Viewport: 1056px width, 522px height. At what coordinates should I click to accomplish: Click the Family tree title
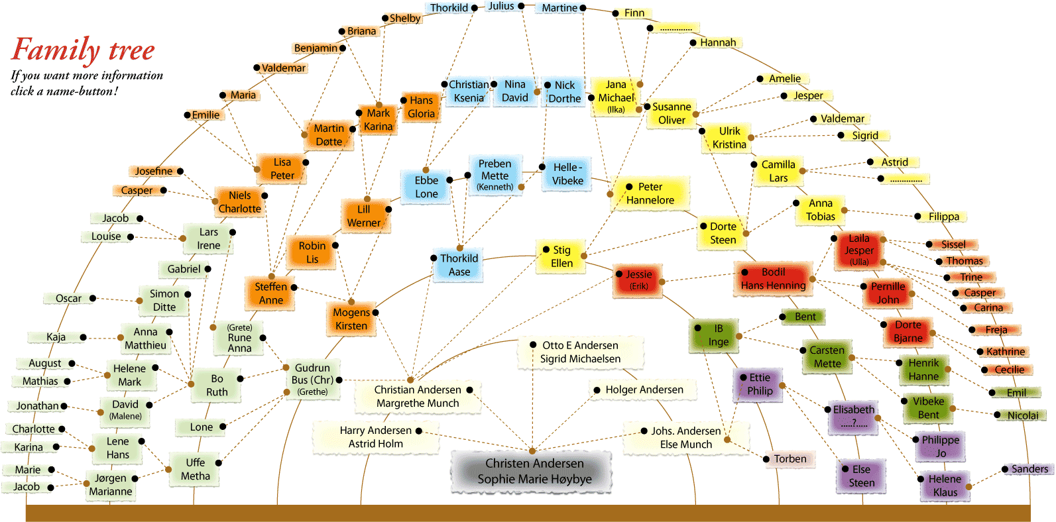click(x=84, y=50)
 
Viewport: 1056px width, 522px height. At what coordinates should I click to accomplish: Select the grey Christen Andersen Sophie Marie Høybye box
click(x=534, y=471)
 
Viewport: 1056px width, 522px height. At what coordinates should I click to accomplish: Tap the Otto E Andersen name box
click(x=580, y=352)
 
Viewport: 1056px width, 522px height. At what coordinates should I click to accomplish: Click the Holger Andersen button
click(x=644, y=390)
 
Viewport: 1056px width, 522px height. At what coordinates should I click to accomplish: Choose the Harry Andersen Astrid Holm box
click(x=375, y=437)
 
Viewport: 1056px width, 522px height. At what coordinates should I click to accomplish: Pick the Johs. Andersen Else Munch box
click(x=685, y=438)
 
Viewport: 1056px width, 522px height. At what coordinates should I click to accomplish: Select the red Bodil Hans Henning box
click(x=773, y=279)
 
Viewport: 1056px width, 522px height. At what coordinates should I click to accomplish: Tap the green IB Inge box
click(x=718, y=335)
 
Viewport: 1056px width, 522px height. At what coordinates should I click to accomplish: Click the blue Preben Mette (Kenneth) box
click(x=495, y=175)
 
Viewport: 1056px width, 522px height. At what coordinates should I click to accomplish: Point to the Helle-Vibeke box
click(x=567, y=174)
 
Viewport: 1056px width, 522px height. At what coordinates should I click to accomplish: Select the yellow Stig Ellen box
click(x=561, y=256)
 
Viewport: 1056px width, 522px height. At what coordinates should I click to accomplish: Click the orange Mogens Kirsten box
click(x=351, y=319)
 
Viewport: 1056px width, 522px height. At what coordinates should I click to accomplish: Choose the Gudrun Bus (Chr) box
click(x=312, y=380)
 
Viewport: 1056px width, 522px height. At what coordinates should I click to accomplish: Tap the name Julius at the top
click(x=501, y=6)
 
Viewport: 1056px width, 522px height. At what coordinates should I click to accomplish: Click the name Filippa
click(x=943, y=217)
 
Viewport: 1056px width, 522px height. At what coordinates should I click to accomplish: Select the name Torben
click(x=790, y=459)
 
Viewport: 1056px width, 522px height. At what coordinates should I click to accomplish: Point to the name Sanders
click(x=1029, y=469)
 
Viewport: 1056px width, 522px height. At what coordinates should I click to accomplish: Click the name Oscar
click(x=69, y=298)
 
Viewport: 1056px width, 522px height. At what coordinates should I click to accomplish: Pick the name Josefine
click(x=154, y=171)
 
